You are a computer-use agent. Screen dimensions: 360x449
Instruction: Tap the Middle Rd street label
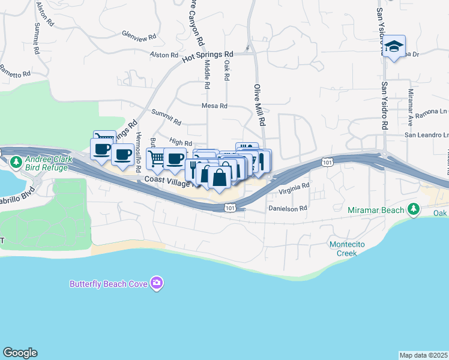click(207, 74)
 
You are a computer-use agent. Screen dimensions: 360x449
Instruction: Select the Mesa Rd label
click(214, 106)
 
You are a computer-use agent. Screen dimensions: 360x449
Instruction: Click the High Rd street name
click(180, 142)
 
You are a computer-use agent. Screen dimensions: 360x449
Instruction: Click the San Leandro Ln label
click(426, 135)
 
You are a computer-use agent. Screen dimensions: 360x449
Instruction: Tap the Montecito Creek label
click(343, 248)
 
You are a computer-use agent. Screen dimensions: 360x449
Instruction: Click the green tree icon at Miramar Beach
click(413, 209)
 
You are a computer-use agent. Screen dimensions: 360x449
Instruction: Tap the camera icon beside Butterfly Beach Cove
click(157, 283)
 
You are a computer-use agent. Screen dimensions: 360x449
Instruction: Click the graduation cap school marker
click(394, 47)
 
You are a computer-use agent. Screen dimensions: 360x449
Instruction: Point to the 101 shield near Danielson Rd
click(231, 208)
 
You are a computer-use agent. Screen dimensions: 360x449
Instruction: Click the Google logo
click(20, 353)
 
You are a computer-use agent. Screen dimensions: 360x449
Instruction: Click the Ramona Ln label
click(436, 112)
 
